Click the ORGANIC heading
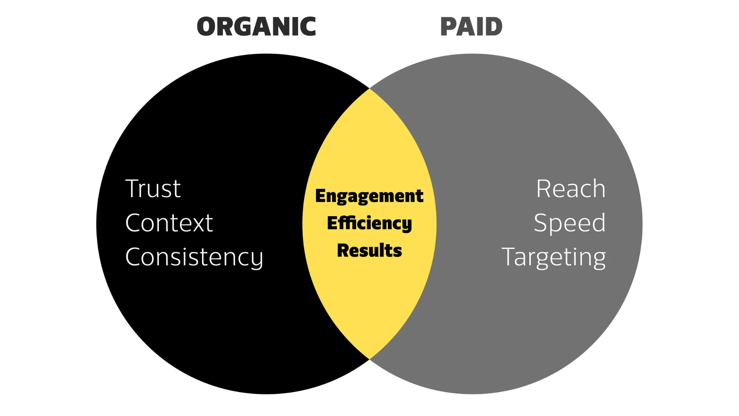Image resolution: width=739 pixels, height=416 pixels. coord(256,27)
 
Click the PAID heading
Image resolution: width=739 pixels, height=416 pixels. coord(472,27)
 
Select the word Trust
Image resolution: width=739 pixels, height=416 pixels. coord(153,189)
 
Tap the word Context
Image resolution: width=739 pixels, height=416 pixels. coord(169,223)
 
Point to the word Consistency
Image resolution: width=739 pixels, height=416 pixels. coord(194,257)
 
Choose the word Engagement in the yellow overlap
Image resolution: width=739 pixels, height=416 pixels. coord(369,196)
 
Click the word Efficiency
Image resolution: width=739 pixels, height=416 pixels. coord(369,223)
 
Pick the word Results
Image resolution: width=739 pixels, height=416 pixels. coord(369,251)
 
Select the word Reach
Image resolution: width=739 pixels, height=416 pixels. coord(571,189)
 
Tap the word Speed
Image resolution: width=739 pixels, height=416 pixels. coord(570,223)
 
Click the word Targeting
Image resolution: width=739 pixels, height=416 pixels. coord(553,257)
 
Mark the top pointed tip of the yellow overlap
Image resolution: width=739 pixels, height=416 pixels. coord(369,89)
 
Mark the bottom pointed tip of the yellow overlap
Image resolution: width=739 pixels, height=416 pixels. coord(369,359)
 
